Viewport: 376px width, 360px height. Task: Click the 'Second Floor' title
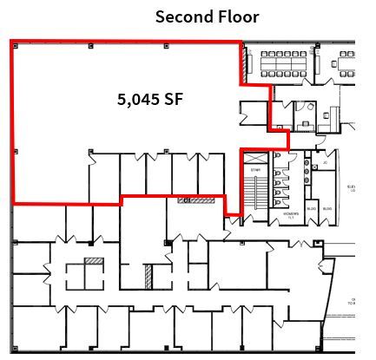[207, 16]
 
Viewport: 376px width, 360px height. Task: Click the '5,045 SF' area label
[156, 100]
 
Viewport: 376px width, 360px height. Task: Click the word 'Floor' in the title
[237, 16]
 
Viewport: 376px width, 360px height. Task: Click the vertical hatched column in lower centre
[148, 276]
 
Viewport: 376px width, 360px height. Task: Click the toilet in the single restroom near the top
[327, 113]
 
